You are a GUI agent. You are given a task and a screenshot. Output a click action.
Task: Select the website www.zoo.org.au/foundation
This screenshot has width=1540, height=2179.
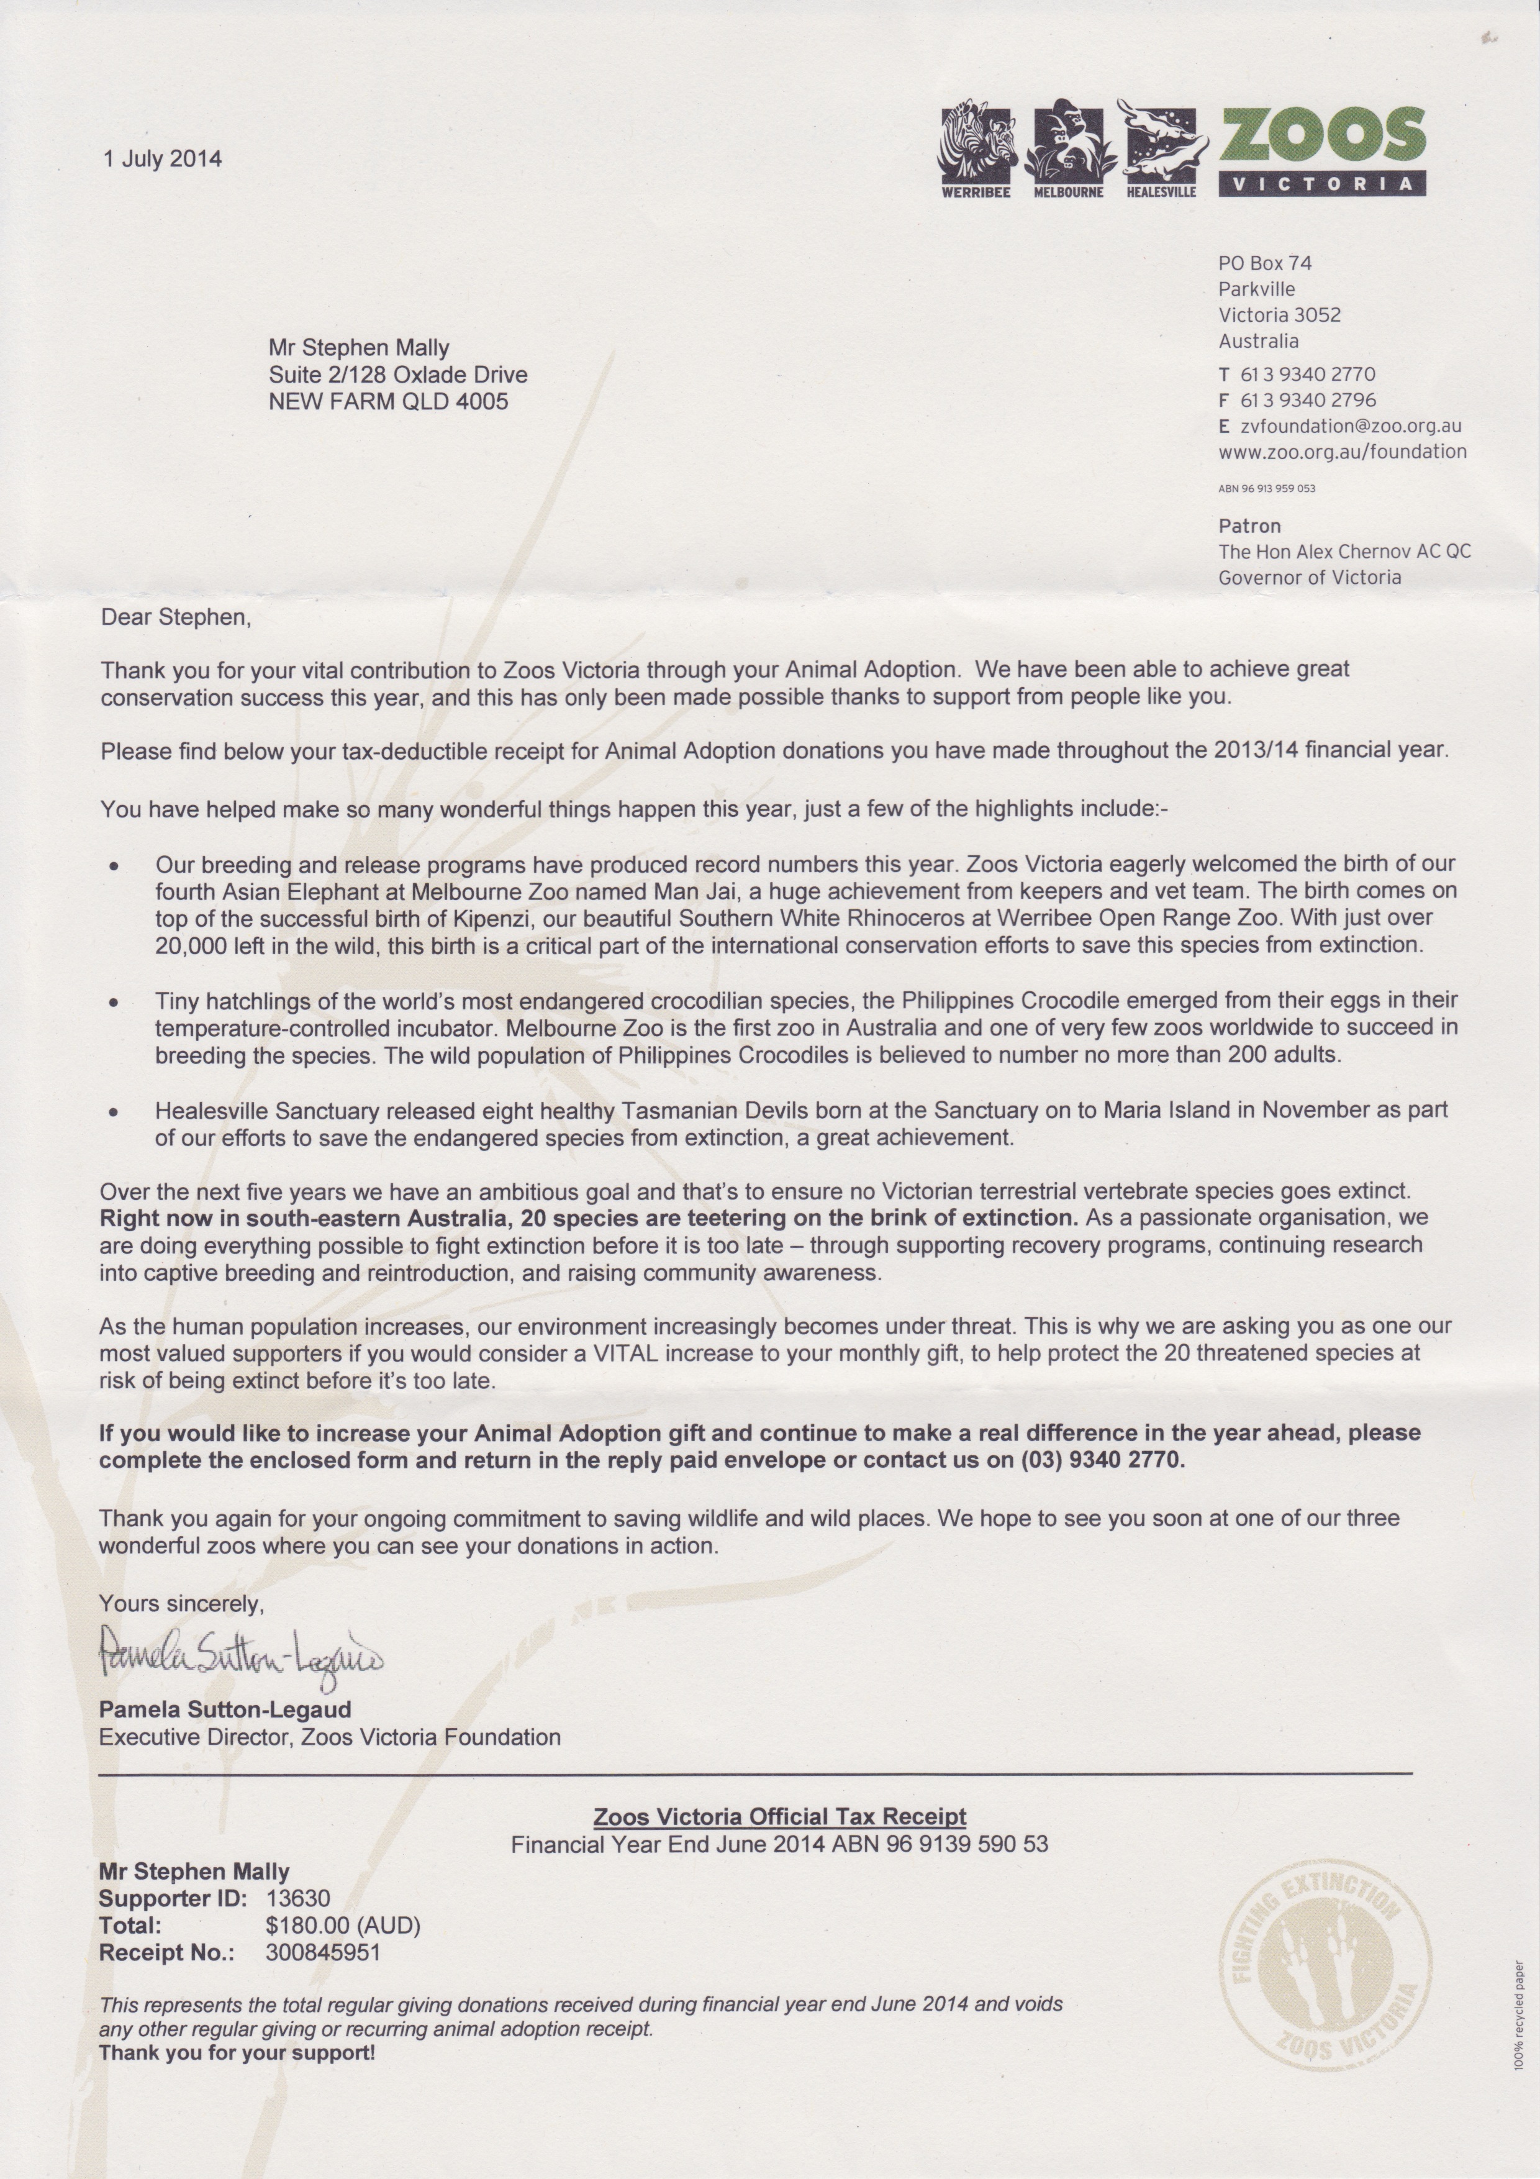pos(1342,452)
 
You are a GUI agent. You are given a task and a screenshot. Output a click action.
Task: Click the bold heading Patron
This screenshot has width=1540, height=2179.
pos(1249,525)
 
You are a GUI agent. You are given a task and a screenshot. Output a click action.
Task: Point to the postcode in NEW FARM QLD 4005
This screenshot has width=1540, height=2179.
pos(481,401)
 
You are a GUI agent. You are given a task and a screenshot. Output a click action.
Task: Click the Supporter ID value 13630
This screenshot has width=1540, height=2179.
pos(299,1899)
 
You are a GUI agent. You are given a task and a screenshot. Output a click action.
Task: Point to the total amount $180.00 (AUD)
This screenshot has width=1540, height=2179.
pos(343,1926)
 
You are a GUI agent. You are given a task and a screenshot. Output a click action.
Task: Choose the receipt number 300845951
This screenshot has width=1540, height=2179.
pos(324,1952)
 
